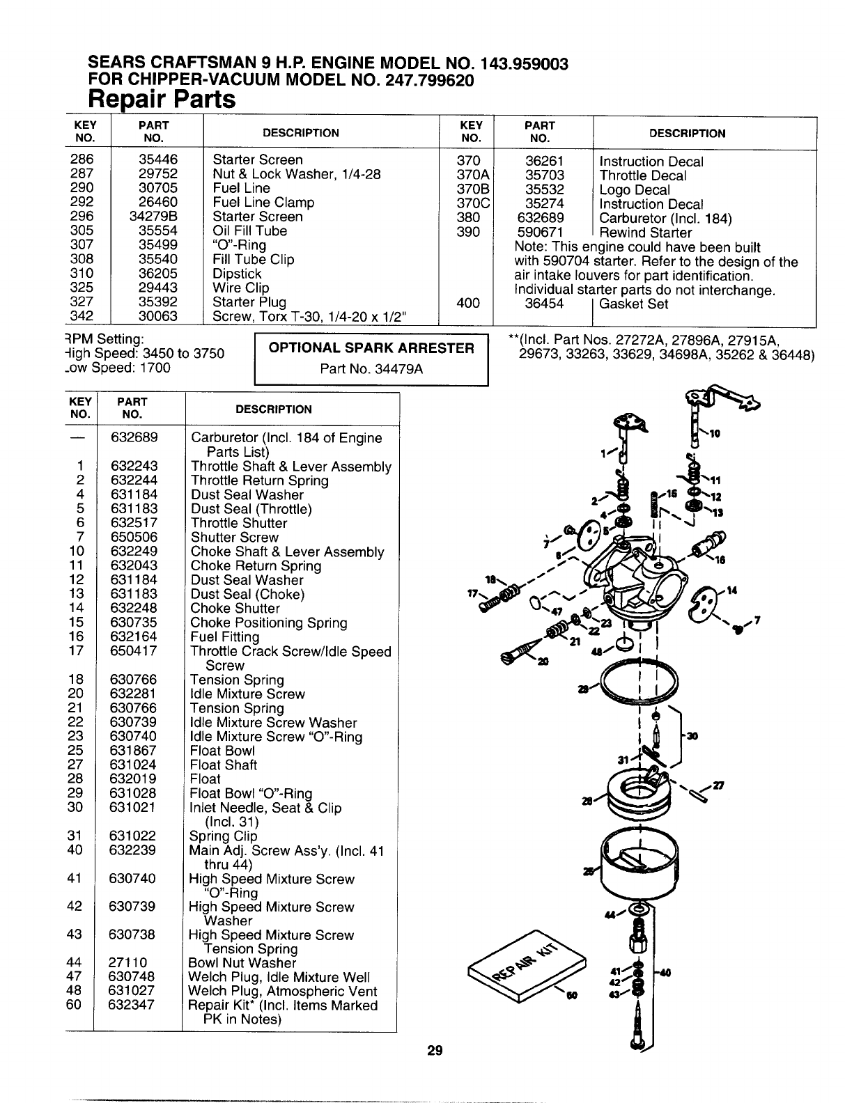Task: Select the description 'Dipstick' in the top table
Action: [x=237, y=274]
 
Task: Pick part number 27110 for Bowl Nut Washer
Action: [x=127, y=963]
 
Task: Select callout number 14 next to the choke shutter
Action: [x=731, y=590]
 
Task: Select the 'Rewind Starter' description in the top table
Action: [x=645, y=233]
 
